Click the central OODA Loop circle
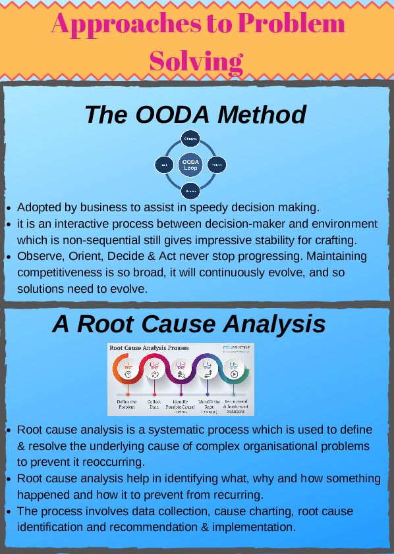(x=190, y=164)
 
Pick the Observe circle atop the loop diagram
(x=190, y=139)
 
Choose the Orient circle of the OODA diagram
(x=217, y=164)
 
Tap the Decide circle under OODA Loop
(x=190, y=190)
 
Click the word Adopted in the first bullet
(x=39, y=207)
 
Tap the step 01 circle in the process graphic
(x=128, y=369)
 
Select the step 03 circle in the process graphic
(x=181, y=369)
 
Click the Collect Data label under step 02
(x=154, y=404)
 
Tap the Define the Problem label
(x=127, y=404)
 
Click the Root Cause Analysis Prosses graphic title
(x=149, y=347)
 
